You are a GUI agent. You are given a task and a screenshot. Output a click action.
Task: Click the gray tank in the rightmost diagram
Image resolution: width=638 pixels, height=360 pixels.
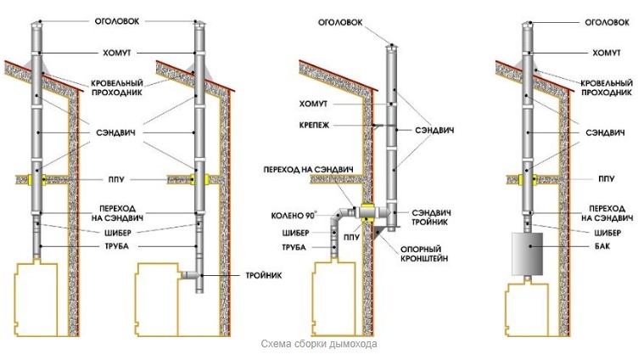point(527,253)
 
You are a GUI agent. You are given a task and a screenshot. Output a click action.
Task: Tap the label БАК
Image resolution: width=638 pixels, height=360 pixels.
point(602,246)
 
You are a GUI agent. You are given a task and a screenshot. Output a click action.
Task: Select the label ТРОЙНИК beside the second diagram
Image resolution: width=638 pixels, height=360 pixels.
point(264,276)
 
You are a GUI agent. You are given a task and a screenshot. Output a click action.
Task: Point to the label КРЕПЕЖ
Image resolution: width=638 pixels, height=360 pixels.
point(314,126)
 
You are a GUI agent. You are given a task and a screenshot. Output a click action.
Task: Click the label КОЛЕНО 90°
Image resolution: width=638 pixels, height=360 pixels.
point(294,216)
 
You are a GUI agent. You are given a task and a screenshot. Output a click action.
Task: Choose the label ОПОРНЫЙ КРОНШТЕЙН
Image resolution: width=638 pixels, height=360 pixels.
point(424,253)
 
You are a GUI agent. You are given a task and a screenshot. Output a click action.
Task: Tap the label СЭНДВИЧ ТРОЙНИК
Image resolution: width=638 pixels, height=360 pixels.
point(431,217)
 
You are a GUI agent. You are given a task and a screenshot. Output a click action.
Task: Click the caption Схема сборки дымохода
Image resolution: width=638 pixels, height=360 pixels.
point(319,344)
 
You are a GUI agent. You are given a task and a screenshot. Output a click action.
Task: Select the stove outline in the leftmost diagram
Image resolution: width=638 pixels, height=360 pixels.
point(36,300)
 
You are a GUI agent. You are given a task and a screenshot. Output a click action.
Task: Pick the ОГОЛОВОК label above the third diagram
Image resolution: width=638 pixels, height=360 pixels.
point(340,22)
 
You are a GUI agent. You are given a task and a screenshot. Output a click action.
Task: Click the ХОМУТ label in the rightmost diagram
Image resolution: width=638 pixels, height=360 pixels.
point(607,53)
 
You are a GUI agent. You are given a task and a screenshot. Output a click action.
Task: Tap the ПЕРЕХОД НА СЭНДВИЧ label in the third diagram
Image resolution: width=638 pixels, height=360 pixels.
point(308,170)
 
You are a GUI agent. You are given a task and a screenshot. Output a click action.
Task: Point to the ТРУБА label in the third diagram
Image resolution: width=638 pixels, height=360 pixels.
point(294,247)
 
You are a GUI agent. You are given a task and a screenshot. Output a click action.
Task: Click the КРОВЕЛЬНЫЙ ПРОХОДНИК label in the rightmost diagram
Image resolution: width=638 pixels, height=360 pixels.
point(607,88)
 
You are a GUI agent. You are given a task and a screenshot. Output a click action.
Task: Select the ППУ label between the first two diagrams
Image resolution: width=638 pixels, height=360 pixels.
point(116,180)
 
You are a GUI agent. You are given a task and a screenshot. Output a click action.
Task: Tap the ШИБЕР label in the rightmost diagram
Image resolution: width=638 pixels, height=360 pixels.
point(607,233)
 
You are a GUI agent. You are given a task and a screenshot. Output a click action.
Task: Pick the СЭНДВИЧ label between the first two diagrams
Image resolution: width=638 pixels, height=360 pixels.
point(115,132)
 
